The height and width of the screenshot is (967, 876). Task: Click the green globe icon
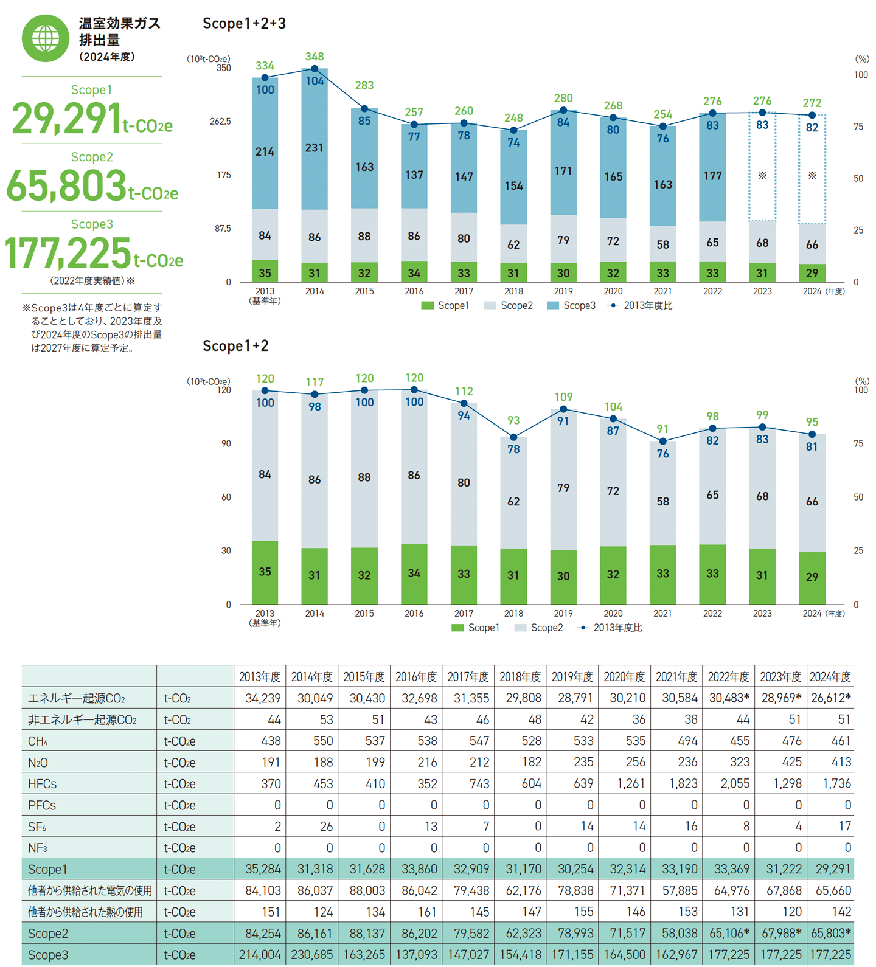pos(46,38)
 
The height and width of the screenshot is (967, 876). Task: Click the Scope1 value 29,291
pos(67,119)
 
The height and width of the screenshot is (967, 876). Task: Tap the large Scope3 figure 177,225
pos(68,253)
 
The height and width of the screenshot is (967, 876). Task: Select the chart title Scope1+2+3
pos(244,24)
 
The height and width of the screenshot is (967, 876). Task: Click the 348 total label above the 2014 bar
pos(315,57)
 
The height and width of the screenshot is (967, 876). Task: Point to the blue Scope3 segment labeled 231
pos(315,148)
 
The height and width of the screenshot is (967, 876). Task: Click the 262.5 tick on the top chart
pos(220,122)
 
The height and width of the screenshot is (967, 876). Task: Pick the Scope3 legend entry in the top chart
pos(571,305)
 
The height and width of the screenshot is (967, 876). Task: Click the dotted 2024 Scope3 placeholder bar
pos(812,168)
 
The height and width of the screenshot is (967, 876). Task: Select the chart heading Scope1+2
pos(235,346)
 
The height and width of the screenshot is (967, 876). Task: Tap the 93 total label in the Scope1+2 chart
pos(513,420)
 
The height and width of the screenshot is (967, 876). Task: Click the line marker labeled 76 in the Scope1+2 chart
pos(663,442)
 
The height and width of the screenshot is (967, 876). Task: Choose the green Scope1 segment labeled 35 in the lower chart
pos(265,572)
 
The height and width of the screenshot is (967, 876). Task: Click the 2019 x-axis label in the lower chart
pos(563,614)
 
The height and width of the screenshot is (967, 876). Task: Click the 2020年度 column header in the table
pos(624,676)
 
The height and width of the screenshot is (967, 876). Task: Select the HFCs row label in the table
pos(43,784)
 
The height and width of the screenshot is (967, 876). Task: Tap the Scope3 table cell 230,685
pos(312,955)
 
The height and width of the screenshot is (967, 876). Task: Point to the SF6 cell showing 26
pos(327,827)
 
